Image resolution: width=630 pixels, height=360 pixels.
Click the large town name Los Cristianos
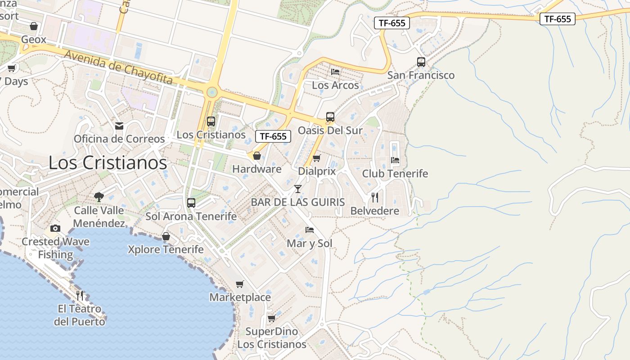(x=108, y=162)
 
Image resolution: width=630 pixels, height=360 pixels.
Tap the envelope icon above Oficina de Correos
(x=119, y=126)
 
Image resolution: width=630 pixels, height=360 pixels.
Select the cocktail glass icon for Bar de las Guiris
(x=297, y=189)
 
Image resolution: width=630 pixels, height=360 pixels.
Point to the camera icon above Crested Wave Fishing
(x=55, y=228)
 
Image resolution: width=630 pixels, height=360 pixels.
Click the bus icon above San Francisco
(x=421, y=62)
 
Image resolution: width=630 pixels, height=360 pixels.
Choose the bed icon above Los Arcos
(x=335, y=72)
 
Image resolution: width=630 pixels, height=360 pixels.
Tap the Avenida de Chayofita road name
(x=118, y=67)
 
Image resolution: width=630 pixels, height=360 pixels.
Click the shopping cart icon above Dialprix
(x=316, y=158)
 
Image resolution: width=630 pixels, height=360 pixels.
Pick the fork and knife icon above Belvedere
(x=375, y=197)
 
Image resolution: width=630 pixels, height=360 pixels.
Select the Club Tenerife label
(x=395, y=174)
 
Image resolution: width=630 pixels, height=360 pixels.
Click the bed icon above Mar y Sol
(x=310, y=230)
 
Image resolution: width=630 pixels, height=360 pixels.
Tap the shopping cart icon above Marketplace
(x=240, y=284)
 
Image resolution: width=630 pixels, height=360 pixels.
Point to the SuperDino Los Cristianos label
(x=272, y=338)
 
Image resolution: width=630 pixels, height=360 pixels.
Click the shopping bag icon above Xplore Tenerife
(x=166, y=236)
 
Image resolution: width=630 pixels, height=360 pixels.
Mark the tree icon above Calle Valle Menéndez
(x=99, y=197)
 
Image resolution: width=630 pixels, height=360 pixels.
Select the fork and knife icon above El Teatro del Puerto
(x=80, y=295)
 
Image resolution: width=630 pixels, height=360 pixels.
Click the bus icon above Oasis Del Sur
(x=330, y=117)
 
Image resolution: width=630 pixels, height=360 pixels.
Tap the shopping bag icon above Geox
(x=33, y=26)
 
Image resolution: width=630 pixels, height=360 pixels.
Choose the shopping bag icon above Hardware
(x=257, y=156)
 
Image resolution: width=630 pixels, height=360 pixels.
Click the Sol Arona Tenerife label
(x=191, y=216)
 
